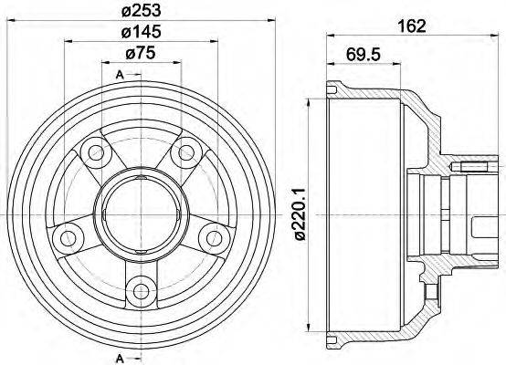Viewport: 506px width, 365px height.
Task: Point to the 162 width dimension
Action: pos(413,26)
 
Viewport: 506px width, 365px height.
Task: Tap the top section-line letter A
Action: pos(120,74)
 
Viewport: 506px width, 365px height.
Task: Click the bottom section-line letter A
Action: pos(120,357)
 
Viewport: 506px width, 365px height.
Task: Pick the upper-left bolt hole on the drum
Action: pos(92,151)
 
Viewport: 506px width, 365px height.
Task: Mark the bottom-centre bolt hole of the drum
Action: pos(140,292)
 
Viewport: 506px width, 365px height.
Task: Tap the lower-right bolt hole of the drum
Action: pos(216,238)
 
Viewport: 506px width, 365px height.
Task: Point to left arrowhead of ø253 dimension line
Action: pos(9,20)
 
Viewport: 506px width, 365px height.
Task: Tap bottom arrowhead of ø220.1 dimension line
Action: pos(313,328)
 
